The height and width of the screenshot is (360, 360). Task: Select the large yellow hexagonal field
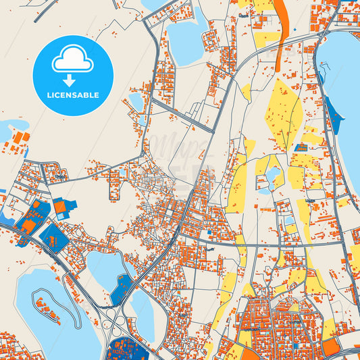pyautogui.click(x=285, y=108)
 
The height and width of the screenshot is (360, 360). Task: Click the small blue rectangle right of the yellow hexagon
pyautogui.click(x=301, y=147)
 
